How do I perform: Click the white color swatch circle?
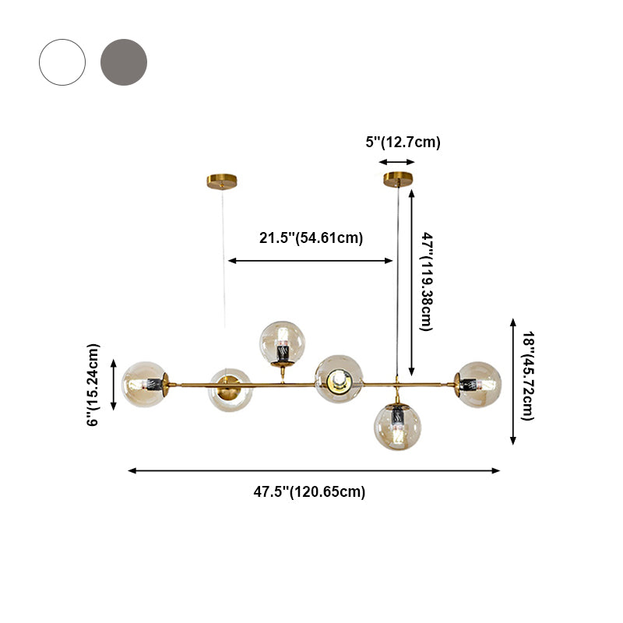(62, 62)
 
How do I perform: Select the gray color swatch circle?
(124, 62)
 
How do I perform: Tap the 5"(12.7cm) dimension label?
(403, 143)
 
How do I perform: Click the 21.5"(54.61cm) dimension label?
(311, 238)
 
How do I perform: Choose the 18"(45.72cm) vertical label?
(527, 376)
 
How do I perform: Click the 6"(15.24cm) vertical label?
(94, 385)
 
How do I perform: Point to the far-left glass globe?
(146, 385)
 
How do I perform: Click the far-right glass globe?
(478, 384)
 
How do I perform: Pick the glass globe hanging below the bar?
(398, 428)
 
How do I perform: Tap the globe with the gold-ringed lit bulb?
(339, 378)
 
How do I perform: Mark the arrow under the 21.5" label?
(311, 261)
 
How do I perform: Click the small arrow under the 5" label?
(397, 162)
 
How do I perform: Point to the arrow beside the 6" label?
(114, 385)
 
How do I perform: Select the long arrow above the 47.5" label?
(314, 470)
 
